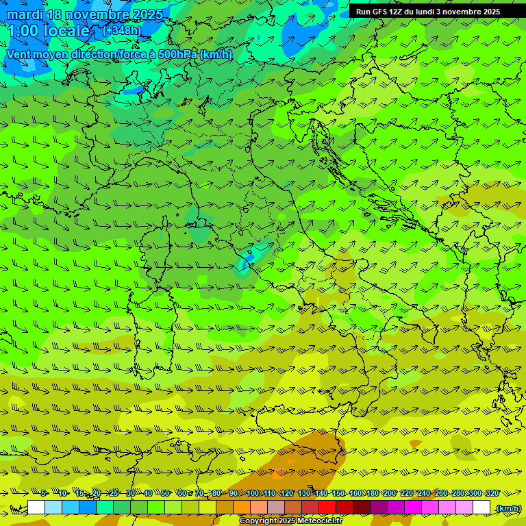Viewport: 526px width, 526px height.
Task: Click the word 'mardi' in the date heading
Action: point(24,14)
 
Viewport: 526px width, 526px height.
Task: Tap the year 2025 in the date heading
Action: point(145,14)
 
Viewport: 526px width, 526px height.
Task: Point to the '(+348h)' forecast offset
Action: point(121,31)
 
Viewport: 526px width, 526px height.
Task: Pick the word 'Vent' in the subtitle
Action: point(19,54)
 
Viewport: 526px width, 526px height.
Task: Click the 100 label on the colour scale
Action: point(253,494)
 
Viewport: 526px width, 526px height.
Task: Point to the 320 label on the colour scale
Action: point(492,494)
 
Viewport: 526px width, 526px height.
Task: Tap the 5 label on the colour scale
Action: point(44,494)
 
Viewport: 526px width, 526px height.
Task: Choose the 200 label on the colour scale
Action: point(390,494)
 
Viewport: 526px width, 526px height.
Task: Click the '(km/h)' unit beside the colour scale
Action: point(508,508)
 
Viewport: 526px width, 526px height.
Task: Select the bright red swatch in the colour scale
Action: point(327,508)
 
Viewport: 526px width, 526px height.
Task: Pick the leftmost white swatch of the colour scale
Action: point(36,508)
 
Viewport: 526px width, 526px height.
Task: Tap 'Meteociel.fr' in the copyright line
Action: point(318,521)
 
